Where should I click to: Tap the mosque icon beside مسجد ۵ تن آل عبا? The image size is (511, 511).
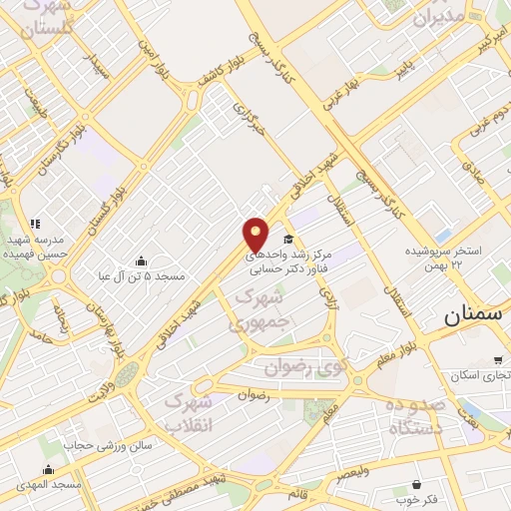click(139, 260)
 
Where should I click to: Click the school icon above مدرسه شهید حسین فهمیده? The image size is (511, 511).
click(35, 224)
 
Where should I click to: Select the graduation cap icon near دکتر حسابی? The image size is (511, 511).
click(288, 240)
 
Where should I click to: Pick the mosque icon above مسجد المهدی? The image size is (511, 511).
click(48, 469)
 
